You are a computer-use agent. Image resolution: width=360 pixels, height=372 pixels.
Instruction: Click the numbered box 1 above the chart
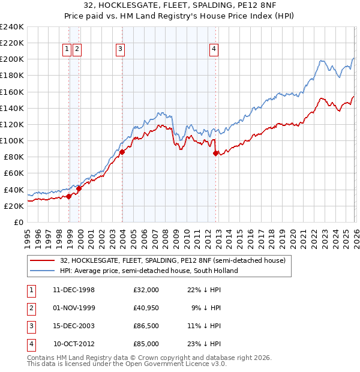67,50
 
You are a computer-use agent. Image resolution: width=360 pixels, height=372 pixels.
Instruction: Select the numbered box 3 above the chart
121,50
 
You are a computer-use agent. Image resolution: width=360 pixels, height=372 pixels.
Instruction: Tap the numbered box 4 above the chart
214,50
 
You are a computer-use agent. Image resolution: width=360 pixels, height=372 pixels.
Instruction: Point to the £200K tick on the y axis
12,59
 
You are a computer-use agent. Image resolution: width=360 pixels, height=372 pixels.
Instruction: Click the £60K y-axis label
14,173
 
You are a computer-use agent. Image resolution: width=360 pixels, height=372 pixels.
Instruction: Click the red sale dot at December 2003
122,152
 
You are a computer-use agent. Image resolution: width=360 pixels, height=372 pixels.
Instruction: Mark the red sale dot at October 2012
215,153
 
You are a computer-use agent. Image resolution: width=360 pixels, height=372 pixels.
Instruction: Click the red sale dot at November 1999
79,188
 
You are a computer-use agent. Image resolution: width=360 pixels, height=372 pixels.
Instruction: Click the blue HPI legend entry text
149,271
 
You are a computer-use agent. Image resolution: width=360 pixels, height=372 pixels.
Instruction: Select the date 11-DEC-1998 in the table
73,290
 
